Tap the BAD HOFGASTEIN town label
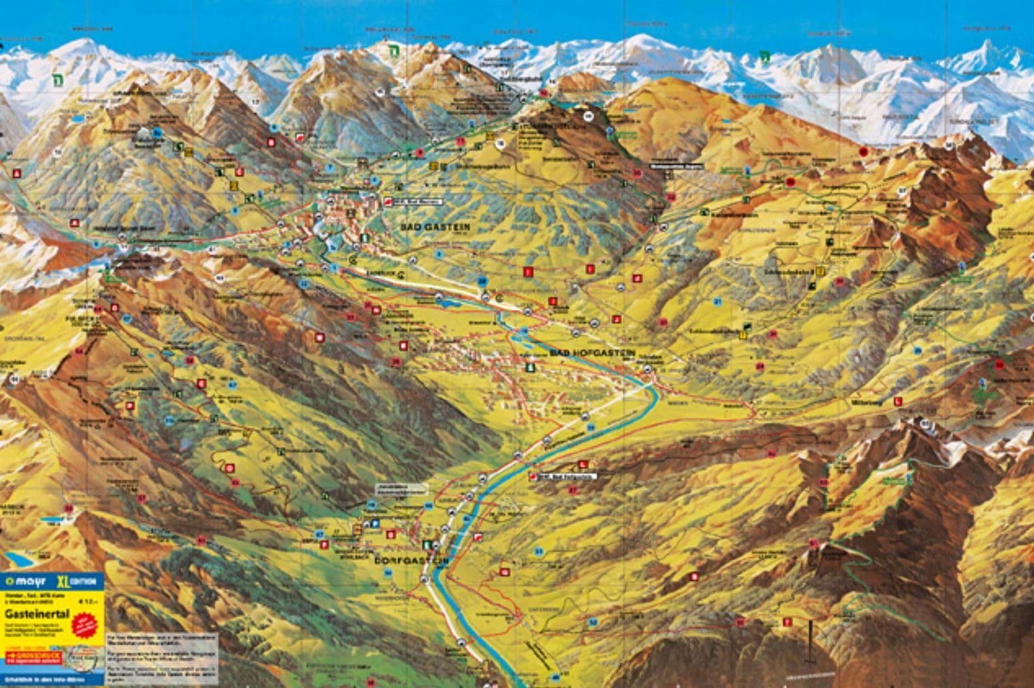tap(593, 352)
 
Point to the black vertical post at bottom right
tap(810, 639)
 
